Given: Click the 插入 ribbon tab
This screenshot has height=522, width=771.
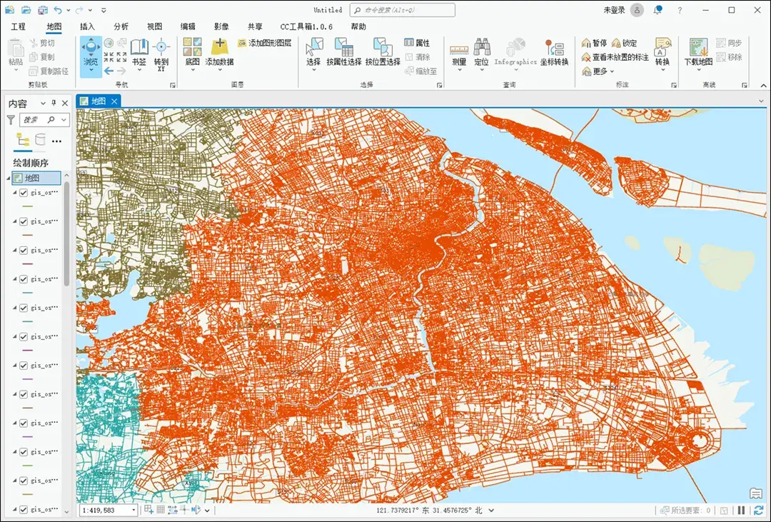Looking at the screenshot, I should click(x=87, y=26).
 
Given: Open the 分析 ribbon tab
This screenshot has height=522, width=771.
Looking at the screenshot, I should click(x=121, y=26).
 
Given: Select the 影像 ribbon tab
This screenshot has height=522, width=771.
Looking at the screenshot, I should click(x=221, y=26).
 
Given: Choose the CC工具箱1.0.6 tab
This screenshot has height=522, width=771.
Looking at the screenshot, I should click(x=306, y=26).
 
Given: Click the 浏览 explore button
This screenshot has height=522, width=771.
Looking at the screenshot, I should click(x=91, y=54).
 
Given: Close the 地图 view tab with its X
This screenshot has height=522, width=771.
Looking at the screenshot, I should click(x=114, y=101).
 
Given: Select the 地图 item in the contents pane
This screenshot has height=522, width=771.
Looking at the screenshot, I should click(x=32, y=178).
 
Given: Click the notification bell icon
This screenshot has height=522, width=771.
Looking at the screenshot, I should click(x=657, y=10).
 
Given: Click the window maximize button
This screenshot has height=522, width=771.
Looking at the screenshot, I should click(x=732, y=10).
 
